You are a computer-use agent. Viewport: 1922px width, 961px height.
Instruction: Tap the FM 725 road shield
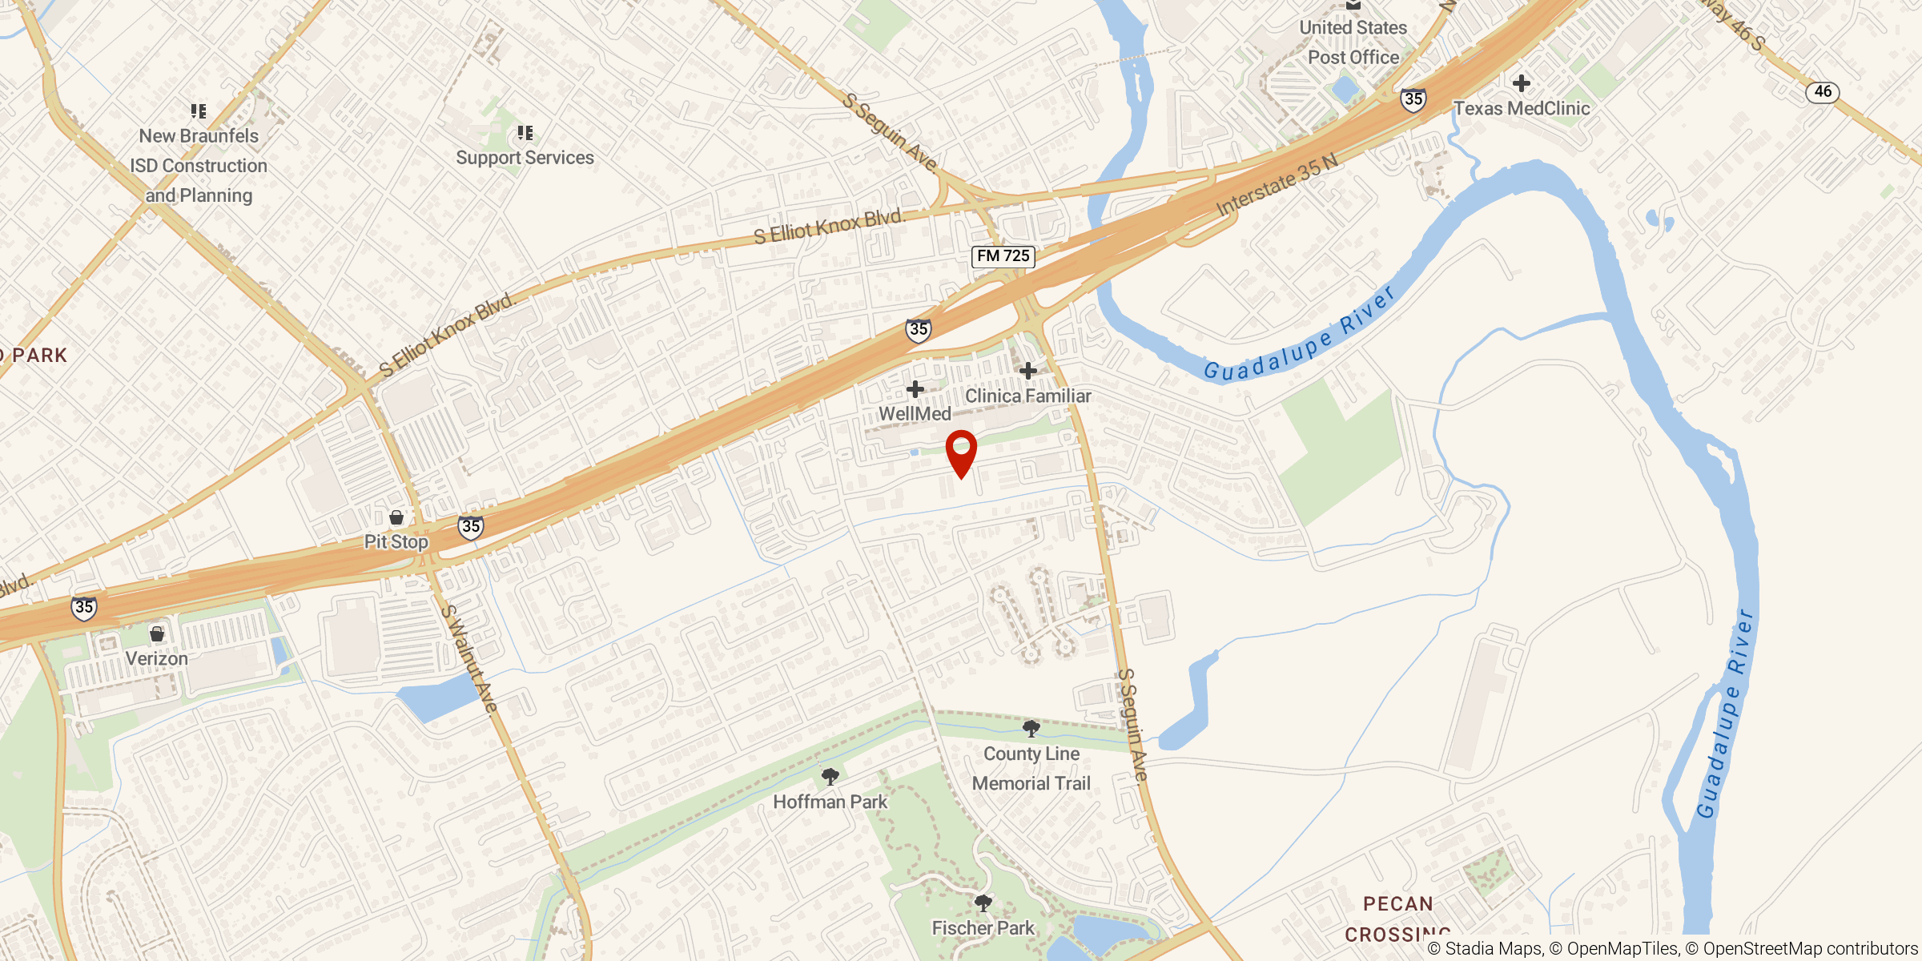[1003, 256]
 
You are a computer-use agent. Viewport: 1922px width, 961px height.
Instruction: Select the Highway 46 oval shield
[1823, 92]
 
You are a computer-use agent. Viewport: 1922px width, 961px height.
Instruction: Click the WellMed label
[915, 414]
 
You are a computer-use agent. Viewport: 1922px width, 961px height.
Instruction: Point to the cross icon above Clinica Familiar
[1028, 370]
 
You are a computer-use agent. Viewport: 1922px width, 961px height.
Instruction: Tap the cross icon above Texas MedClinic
[1522, 83]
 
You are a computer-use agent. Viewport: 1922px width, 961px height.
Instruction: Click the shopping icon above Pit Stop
[396, 517]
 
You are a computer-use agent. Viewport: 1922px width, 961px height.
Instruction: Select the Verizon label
[157, 658]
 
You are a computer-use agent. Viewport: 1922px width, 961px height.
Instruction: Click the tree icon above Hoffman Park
[830, 776]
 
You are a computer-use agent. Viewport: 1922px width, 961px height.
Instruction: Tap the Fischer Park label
[983, 928]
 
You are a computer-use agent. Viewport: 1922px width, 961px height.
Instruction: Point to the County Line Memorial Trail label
[1031, 769]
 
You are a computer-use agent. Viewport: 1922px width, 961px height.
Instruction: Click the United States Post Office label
[1353, 42]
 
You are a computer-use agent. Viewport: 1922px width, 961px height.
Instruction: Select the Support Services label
[525, 158]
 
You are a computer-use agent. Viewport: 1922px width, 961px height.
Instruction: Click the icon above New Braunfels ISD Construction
[199, 111]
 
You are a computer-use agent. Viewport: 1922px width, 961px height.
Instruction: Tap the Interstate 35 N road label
[1277, 185]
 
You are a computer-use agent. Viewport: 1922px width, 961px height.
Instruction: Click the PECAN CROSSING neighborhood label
[1397, 919]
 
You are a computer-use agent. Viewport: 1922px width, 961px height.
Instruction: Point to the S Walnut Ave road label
[469, 658]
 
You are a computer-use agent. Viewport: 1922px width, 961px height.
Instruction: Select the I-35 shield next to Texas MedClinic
[1413, 99]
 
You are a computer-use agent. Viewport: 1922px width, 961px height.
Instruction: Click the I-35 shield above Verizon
[84, 608]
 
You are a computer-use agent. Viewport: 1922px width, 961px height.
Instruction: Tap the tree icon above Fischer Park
[983, 903]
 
